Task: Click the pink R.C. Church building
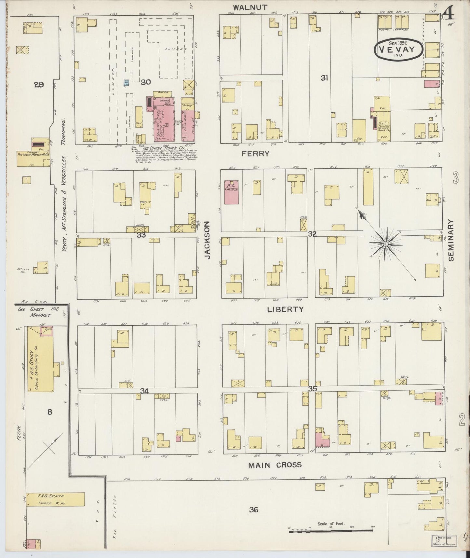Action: [232, 191]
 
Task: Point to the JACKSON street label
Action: [208, 240]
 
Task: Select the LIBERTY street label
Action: [285, 309]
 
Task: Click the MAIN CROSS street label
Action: [275, 465]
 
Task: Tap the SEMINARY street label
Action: [451, 240]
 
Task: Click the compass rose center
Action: [385, 244]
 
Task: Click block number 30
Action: [146, 82]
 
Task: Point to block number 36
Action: [253, 509]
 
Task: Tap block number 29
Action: [39, 85]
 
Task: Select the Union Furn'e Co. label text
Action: [161, 147]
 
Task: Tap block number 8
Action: [49, 412]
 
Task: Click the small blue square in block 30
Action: [126, 83]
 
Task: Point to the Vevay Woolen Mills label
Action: [34, 154]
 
